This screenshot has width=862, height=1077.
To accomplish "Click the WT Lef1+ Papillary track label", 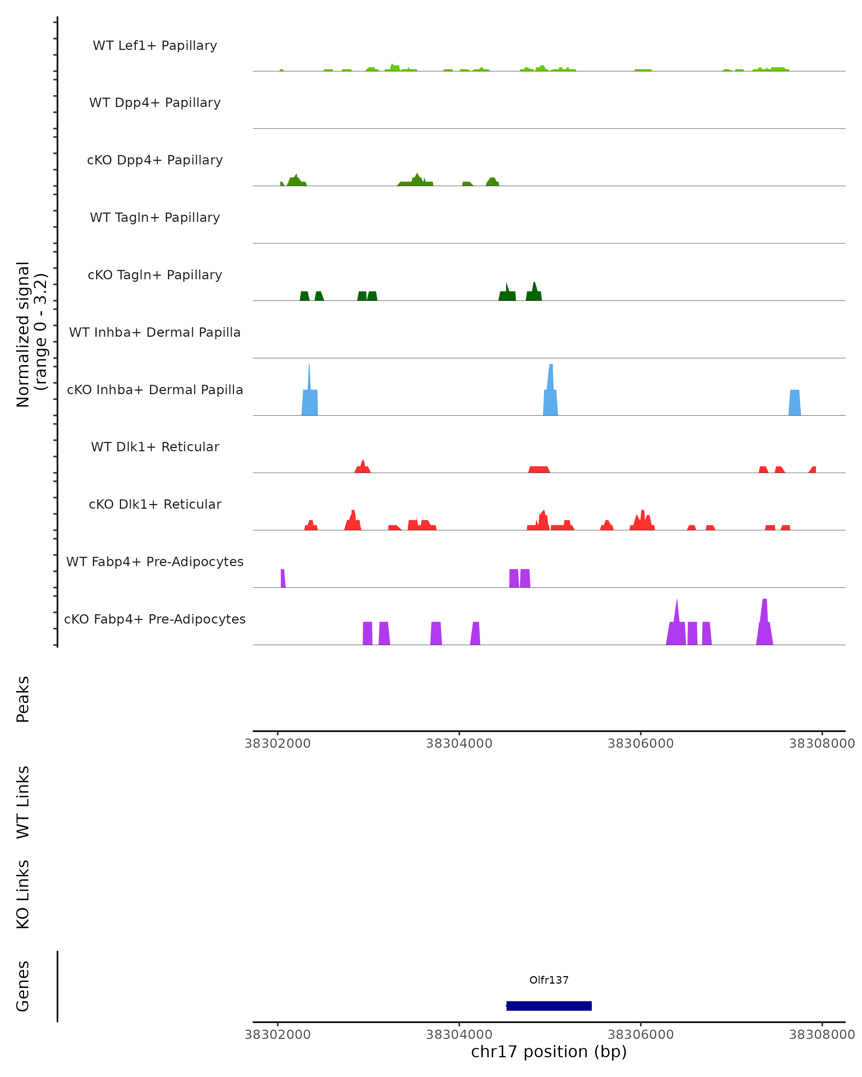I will coord(155,46).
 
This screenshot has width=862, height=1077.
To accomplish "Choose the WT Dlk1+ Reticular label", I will coord(155,447).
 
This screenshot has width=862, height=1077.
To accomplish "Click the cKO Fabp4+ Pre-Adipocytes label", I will coord(155,619).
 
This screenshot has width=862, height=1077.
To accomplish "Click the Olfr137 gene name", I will coord(549,980).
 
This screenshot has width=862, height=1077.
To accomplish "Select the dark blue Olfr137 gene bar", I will coord(549,1006).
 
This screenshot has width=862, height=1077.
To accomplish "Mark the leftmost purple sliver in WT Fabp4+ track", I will coord(283,578).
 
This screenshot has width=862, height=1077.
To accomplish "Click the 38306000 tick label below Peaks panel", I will coord(640,743).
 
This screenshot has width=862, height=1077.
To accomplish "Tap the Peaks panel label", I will coord(23,699).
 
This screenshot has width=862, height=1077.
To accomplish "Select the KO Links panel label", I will coord(23,894).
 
